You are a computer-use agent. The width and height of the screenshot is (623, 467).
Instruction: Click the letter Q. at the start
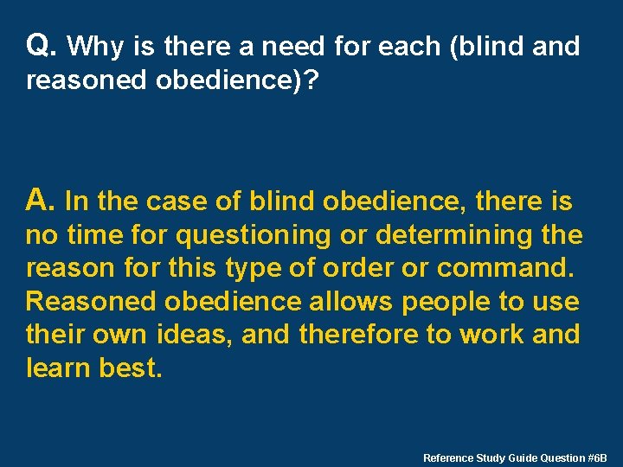(42, 46)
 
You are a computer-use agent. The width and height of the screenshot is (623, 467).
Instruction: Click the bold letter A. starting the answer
(42, 202)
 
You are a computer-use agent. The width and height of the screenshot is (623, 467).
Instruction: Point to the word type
(253, 268)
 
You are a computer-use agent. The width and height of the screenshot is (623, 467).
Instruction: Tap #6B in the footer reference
(596, 457)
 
